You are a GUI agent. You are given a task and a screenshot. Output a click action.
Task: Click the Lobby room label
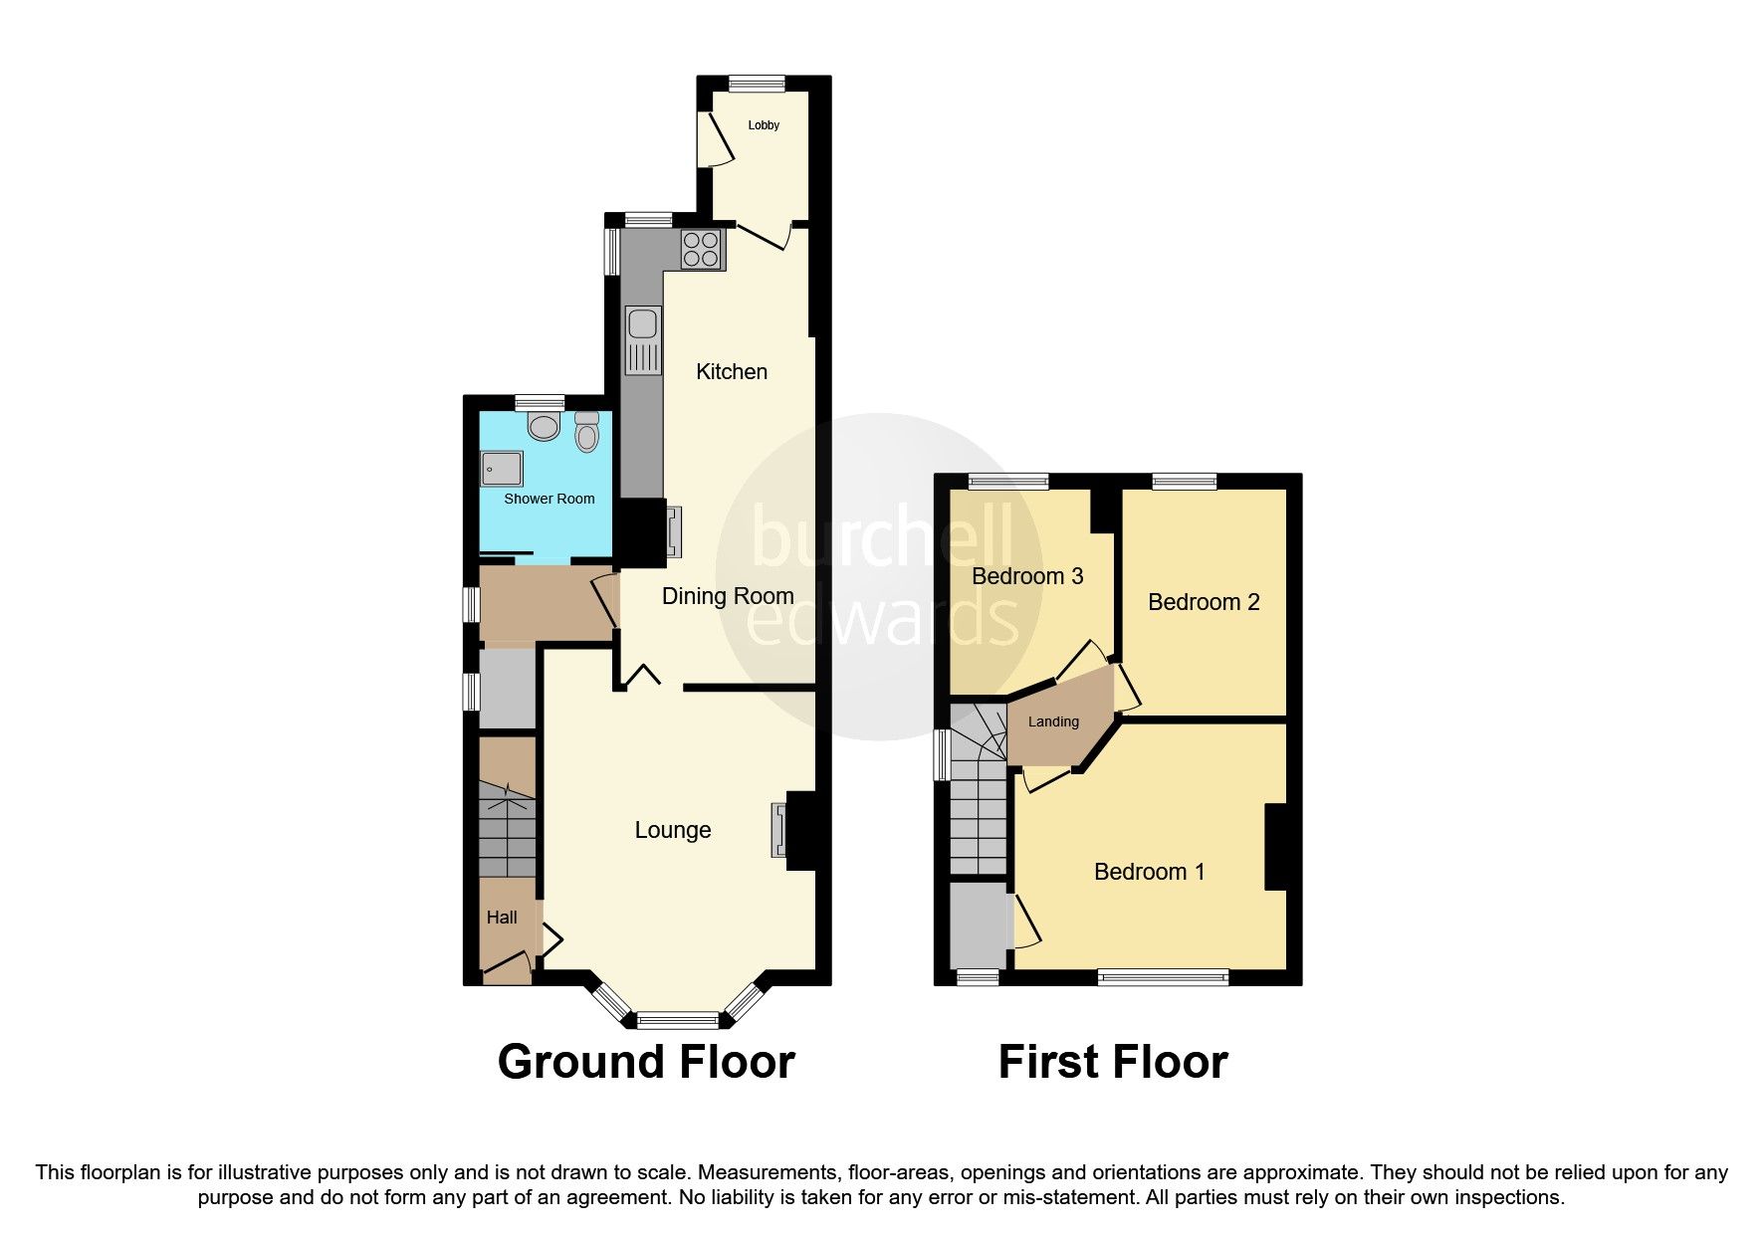tap(764, 125)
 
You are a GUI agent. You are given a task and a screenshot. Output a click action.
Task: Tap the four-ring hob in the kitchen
tap(701, 249)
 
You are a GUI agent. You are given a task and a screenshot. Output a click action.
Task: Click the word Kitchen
tap(732, 372)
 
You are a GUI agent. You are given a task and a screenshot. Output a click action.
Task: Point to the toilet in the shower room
tap(586, 432)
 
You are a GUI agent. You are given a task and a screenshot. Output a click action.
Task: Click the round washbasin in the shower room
tap(544, 427)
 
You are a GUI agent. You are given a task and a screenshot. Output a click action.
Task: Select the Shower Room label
tap(549, 499)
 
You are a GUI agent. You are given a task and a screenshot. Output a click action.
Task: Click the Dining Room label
tap(728, 596)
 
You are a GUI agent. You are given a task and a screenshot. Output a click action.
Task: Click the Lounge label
tap(673, 830)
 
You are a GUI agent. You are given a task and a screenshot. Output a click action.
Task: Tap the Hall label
tap(502, 918)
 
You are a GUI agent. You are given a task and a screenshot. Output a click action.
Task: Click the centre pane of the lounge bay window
tap(677, 1019)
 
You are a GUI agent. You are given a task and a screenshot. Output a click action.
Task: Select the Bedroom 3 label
tap(1027, 576)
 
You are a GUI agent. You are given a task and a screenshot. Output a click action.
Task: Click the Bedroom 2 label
tap(1204, 602)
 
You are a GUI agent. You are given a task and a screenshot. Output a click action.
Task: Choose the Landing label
tap(1053, 722)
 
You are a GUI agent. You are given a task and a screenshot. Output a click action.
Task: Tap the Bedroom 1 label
tap(1149, 872)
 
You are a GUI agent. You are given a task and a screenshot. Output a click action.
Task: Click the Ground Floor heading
tap(645, 1062)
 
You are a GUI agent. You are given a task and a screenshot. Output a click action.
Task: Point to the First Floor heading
tap(1113, 1062)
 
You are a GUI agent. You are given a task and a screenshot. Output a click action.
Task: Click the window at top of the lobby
tap(757, 85)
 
